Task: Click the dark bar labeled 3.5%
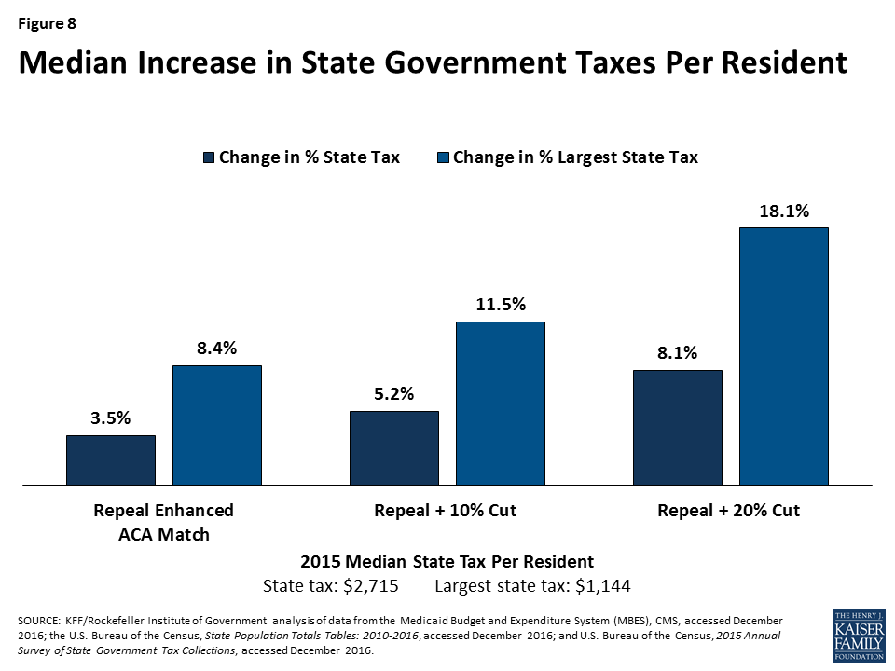[x=110, y=459]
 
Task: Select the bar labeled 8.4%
[x=217, y=425]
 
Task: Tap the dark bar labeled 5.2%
[x=393, y=447]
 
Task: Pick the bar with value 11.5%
[x=501, y=403]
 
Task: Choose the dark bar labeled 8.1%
[x=678, y=427]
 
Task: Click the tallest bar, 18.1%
[x=784, y=356]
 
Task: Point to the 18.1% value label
[x=784, y=212]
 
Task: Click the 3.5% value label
[x=110, y=419]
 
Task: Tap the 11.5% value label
[x=501, y=306]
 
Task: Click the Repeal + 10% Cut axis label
[x=445, y=511]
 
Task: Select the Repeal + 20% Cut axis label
[x=728, y=511]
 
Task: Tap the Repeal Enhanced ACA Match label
[x=163, y=523]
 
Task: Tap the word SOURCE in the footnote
[x=37, y=620]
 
